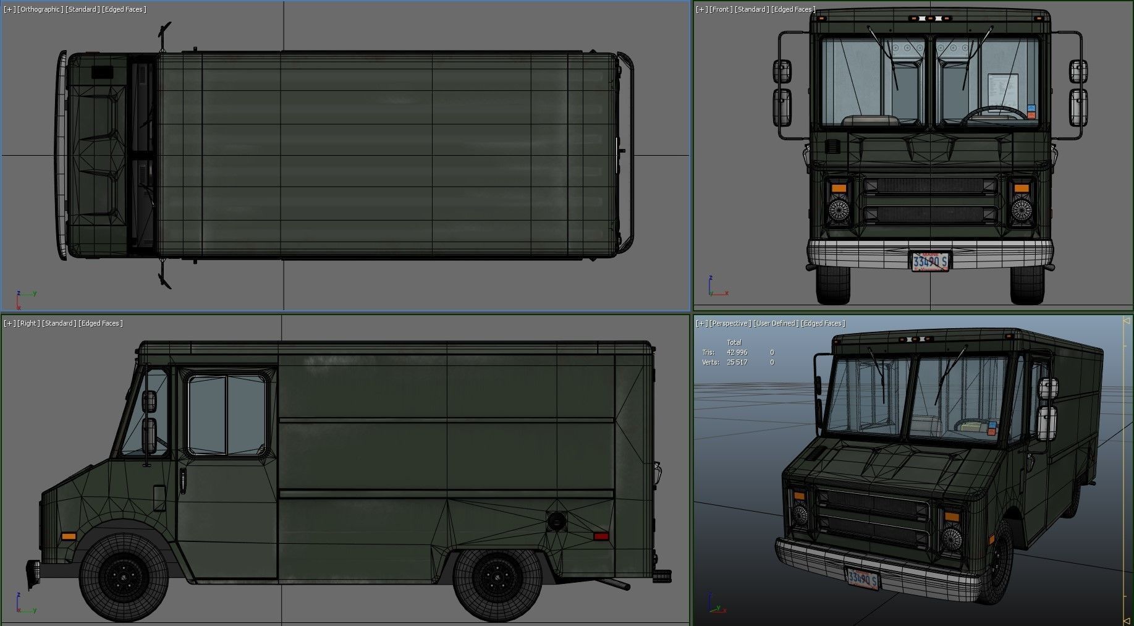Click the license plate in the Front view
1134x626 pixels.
(930, 261)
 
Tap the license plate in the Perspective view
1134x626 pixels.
(863, 579)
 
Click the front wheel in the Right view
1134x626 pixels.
(124, 577)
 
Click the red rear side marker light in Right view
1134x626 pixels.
(601, 536)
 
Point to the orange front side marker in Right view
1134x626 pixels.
(69, 536)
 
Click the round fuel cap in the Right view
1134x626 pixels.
(556, 522)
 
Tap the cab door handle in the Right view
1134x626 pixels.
(183, 480)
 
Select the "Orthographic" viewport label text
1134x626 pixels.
(41, 9)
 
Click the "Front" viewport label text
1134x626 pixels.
(721, 9)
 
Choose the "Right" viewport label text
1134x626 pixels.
(28, 323)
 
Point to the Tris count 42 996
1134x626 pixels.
(737, 352)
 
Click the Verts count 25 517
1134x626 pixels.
(737, 362)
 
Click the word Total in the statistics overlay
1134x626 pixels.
(734, 342)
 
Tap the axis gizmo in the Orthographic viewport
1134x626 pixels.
(23, 298)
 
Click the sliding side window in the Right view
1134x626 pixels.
(227, 414)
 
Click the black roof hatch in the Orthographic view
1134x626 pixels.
(103, 72)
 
